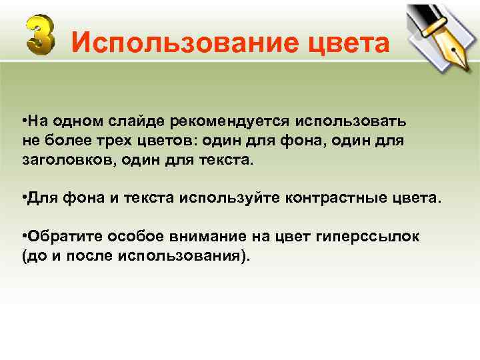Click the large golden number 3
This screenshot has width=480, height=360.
point(41,37)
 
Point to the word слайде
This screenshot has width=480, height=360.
point(140,122)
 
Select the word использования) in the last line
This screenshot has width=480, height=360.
point(197,257)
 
